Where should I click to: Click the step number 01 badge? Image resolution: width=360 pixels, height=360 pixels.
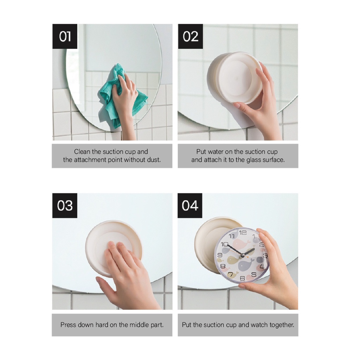tap(65, 36)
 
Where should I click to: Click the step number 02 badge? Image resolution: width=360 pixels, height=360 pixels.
tap(190, 36)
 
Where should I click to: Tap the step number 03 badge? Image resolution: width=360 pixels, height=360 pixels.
tap(65, 205)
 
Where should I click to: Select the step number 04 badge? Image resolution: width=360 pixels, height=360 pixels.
tap(190, 205)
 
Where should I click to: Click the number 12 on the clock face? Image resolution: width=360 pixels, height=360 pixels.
tap(243, 233)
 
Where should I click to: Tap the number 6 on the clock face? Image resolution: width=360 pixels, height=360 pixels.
tap(242, 278)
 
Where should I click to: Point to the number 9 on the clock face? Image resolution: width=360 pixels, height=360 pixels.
tap(220, 255)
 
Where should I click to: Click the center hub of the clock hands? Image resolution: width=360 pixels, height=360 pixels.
tap(243, 255)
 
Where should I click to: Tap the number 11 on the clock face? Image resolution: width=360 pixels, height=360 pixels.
tap(232, 236)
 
